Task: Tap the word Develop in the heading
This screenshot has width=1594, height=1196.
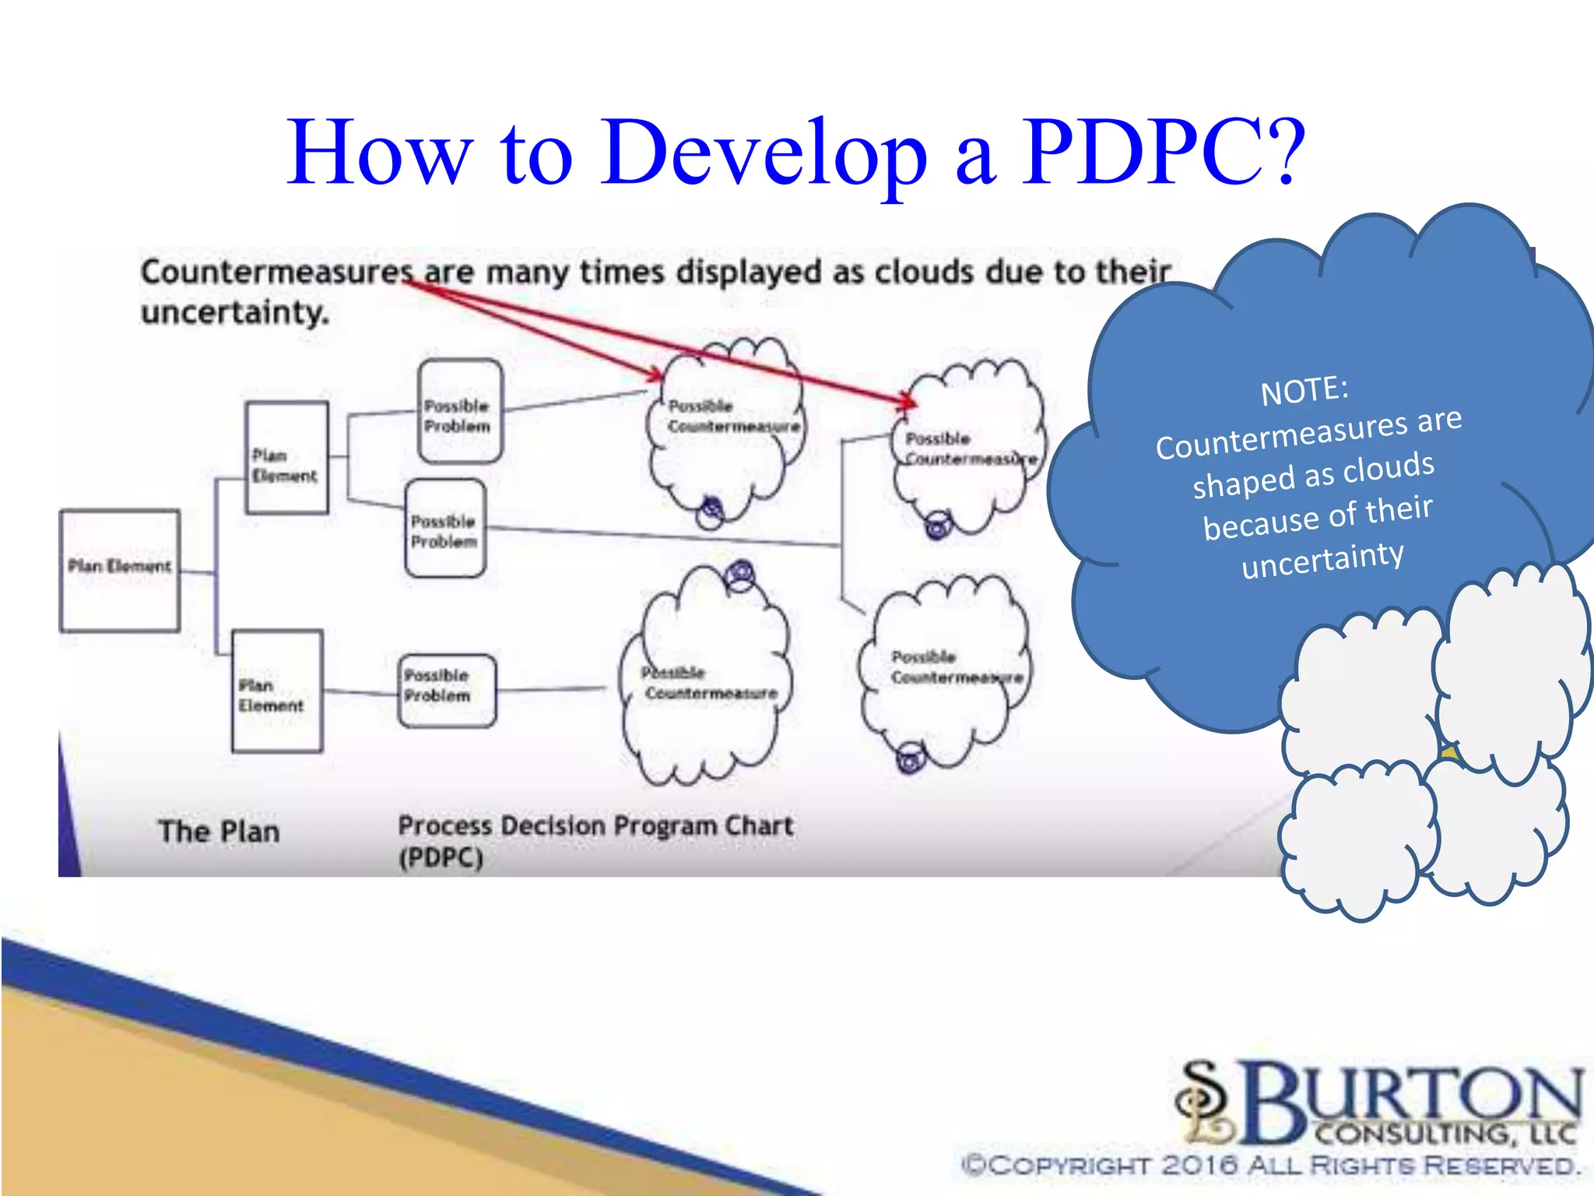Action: tap(764, 153)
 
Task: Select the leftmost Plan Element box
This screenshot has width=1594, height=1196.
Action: tap(120, 570)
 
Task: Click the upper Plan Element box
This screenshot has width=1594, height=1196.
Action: tap(286, 458)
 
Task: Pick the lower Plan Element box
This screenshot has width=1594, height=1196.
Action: tap(277, 691)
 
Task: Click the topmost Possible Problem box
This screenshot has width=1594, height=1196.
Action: tap(460, 411)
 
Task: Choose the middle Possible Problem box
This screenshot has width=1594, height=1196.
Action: tap(445, 529)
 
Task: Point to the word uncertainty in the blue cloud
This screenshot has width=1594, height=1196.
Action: tap(1322, 558)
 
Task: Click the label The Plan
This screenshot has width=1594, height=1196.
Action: tap(219, 832)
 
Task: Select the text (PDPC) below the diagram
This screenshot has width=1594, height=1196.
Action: tap(441, 859)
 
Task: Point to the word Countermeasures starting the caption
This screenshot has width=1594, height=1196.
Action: tap(276, 273)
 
